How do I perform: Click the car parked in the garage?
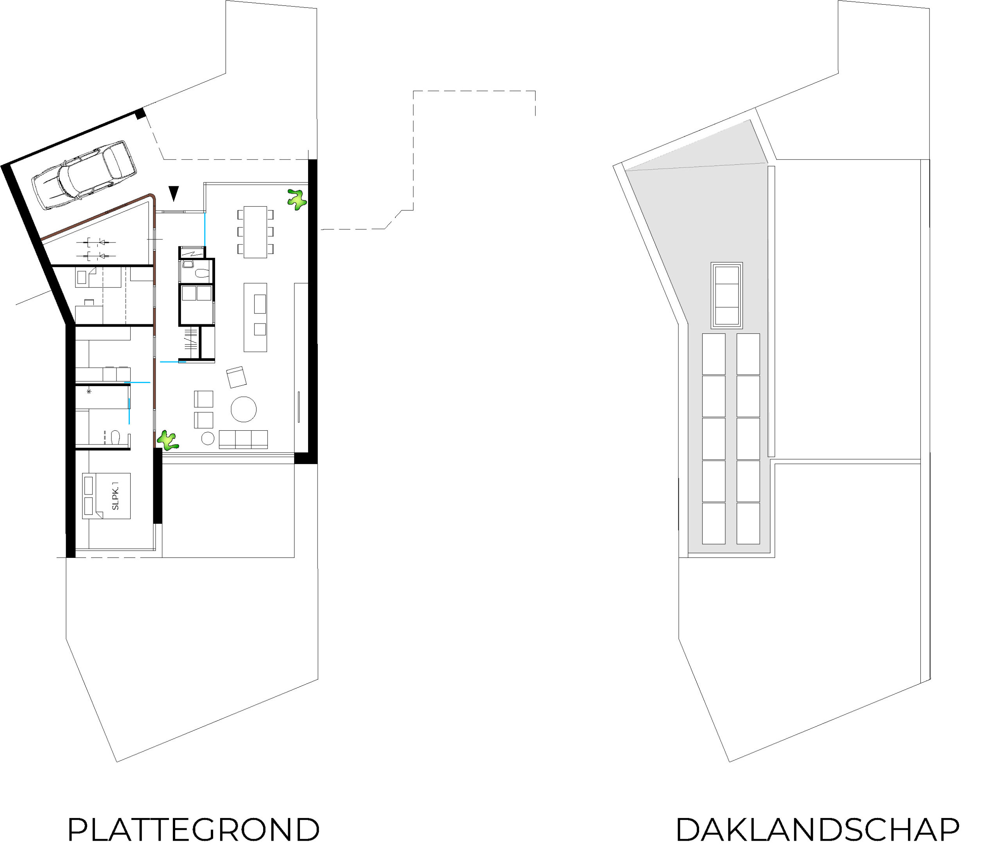84,175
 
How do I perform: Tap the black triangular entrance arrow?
174,193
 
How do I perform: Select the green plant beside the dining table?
297,199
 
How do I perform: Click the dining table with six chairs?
255,232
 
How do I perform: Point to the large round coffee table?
244,409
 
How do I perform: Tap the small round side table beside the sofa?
208,439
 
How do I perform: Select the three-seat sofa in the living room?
243,439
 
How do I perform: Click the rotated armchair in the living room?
236,377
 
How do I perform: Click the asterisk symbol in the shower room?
89,391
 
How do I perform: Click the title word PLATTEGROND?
193,831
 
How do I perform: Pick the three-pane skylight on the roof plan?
727,296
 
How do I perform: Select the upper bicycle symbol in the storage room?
96,242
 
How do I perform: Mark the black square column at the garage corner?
140,114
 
